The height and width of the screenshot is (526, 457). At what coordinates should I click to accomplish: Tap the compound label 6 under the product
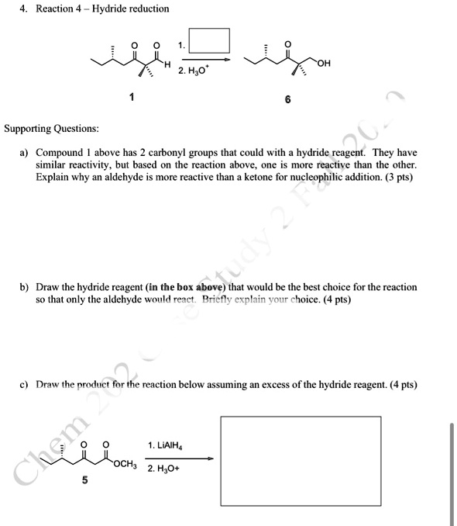[x=287, y=100]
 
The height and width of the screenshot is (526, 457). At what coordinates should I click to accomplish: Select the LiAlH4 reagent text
[x=165, y=445]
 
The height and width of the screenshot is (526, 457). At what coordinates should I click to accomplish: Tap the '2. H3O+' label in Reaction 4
[x=194, y=71]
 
